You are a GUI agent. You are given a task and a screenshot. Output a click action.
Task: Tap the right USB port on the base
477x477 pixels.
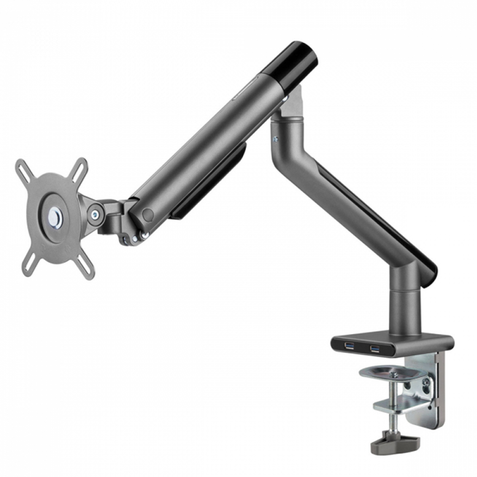click(375, 349)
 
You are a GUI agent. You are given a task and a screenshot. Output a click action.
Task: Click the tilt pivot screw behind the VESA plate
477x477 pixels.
click(95, 215)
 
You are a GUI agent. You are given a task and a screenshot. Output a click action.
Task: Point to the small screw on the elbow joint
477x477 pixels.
click(275, 139)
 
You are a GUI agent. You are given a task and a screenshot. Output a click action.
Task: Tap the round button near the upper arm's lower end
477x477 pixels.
click(148, 215)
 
